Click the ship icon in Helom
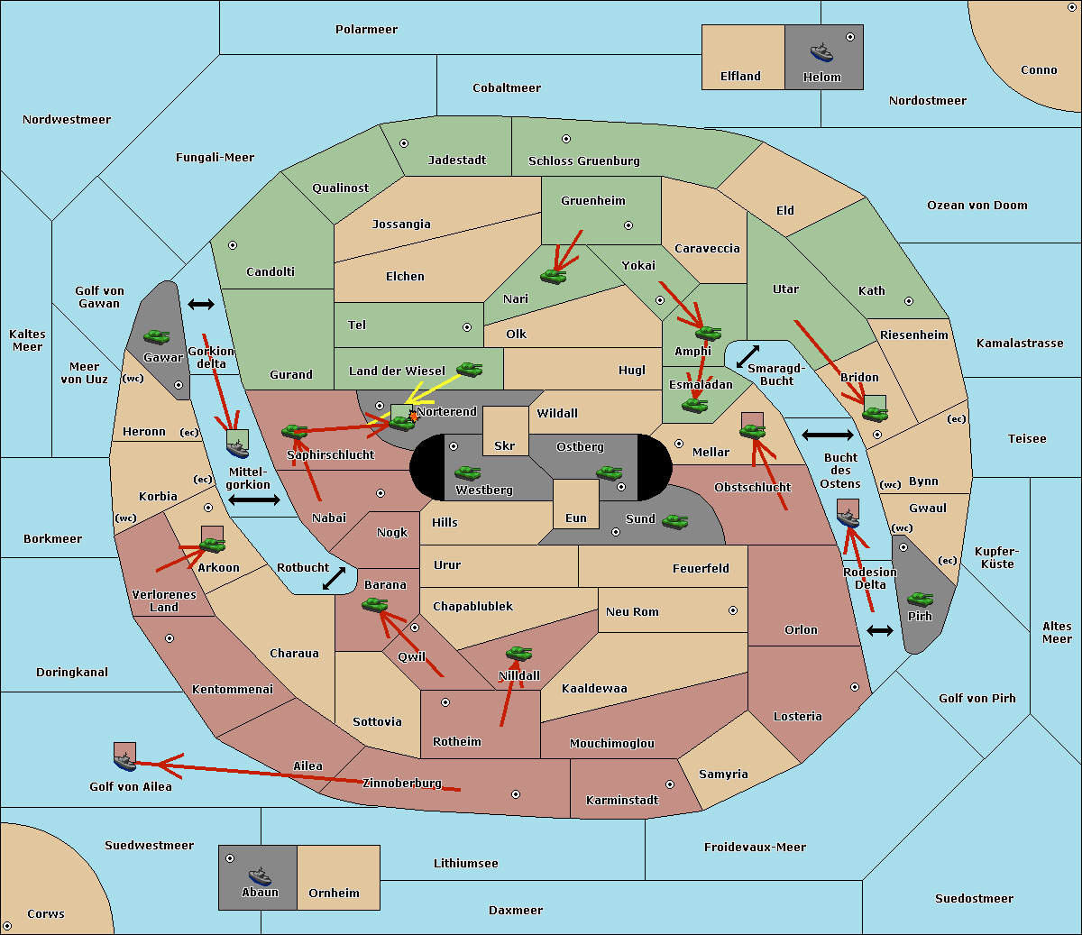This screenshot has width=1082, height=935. (x=821, y=52)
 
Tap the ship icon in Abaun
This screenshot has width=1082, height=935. (x=260, y=875)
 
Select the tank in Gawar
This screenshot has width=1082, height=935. (x=156, y=336)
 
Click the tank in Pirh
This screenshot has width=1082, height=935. (x=920, y=599)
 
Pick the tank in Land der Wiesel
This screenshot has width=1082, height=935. (x=469, y=369)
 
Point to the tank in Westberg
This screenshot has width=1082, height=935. (x=467, y=473)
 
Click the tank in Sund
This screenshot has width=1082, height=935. (x=674, y=521)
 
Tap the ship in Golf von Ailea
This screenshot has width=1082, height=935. (x=125, y=761)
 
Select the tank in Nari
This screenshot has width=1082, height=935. (x=554, y=276)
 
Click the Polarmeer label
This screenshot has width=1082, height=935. (x=366, y=30)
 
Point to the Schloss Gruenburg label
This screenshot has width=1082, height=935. (x=584, y=160)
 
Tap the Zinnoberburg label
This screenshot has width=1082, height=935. (x=402, y=784)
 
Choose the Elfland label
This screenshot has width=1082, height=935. (x=740, y=77)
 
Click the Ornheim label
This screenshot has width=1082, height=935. (x=334, y=894)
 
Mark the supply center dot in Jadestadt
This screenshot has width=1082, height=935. (x=404, y=143)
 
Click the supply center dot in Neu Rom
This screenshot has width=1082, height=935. (x=733, y=610)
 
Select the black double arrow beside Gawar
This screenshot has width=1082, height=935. (x=201, y=304)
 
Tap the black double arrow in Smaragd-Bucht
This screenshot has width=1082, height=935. (x=747, y=356)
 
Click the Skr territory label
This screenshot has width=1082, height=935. (x=505, y=445)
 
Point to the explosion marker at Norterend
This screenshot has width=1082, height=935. (x=413, y=417)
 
